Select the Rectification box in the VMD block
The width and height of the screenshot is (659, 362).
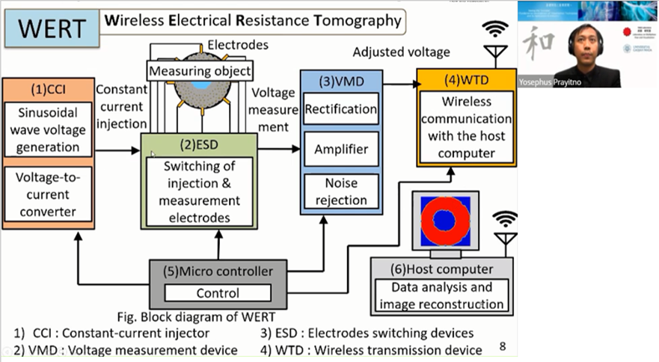point(340,109)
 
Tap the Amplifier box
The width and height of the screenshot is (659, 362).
point(340,149)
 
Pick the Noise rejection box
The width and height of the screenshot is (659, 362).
point(340,191)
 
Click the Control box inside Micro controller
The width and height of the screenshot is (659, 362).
point(218,293)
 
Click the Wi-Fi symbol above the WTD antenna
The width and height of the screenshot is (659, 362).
point(494,29)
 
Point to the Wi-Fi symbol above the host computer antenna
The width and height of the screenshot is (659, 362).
point(505,219)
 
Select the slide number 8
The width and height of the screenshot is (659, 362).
point(503,346)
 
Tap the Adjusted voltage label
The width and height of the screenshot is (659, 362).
point(401,52)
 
